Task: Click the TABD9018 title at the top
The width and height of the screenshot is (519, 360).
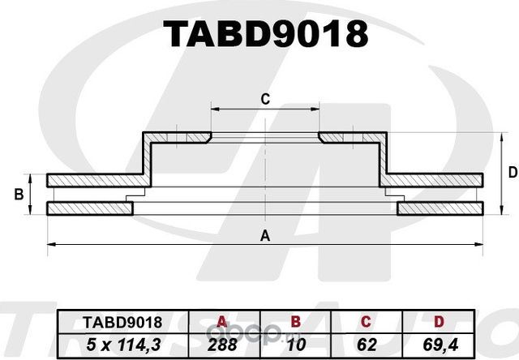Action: pos(265,34)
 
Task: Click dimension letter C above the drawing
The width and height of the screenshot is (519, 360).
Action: pos(264,100)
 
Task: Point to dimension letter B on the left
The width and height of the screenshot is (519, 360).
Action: pos(17,194)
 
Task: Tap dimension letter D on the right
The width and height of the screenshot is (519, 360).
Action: pos(512,172)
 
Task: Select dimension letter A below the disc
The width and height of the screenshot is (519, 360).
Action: pos(264,236)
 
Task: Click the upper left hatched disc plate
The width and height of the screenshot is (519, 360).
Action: pos(93,179)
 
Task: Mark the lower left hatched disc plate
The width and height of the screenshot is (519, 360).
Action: pos(89,209)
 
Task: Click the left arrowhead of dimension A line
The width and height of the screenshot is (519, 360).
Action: pos(50,243)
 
